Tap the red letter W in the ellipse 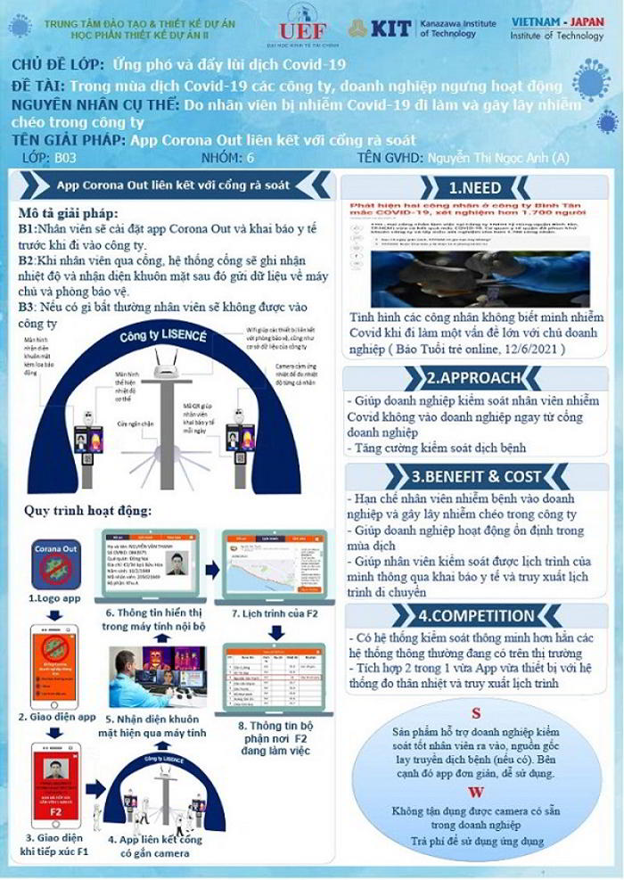point(475,793)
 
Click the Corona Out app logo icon point(57,563)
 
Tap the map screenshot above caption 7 point(268,565)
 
